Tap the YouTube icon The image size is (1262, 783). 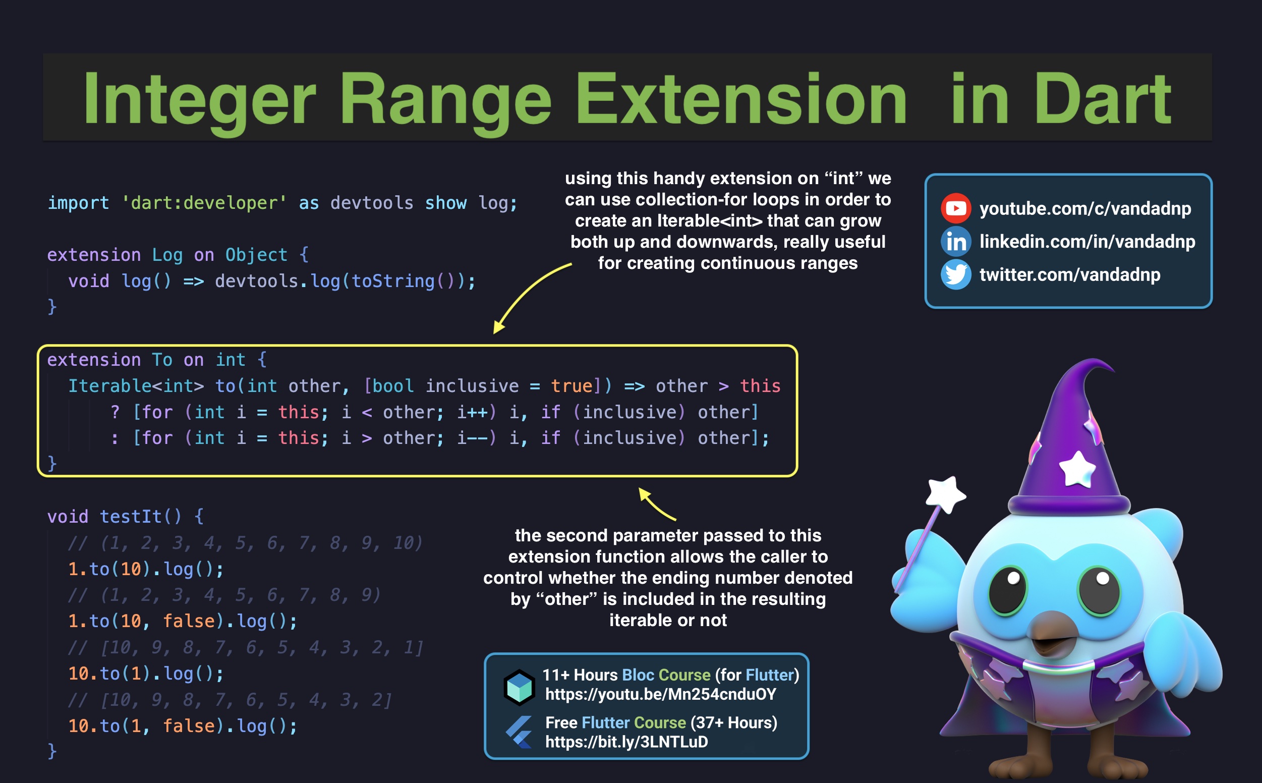coord(955,208)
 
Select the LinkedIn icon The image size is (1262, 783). coord(955,241)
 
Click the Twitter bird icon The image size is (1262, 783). coord(955,274)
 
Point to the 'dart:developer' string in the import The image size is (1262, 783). coord(204,203)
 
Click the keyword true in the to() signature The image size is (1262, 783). coord(571,386)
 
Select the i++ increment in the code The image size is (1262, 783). coord(472,412)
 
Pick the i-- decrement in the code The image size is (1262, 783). coord(472,438)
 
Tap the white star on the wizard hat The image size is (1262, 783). coord(1077,469)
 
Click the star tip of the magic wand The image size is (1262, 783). coord(945,494)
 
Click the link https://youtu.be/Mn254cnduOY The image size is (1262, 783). coord(660,694)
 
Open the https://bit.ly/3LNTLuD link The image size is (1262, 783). coord(626,742)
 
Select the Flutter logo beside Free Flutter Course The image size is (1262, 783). coord(519,731)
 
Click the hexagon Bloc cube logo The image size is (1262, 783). coord(519,687)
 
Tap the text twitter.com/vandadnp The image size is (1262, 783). coord(1069,274)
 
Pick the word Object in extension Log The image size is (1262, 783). coord(256,255)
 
